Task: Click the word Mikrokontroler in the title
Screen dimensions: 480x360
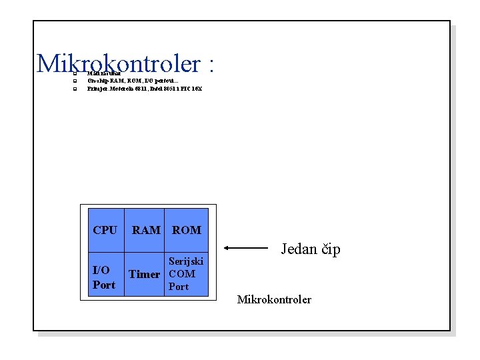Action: [x=118, y=64]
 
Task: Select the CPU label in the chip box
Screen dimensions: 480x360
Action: [x=105, y=230]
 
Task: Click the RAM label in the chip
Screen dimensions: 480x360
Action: [x=146, y=230]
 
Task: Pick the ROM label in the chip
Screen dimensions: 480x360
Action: [x=187, y=230]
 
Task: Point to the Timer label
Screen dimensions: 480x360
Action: [x=144, y=274]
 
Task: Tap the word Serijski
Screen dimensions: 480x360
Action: [x=186, y=261]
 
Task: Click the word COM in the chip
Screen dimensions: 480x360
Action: [x=182, y=274]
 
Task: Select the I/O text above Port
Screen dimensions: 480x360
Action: [x=101, y=270]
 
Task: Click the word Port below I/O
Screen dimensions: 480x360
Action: [x=104, y=285]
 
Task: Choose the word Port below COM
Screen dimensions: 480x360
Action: [x=179, y=287]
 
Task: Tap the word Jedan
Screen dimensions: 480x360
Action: [x=299, y=249]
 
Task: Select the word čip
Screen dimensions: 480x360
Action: [x=331, y=249]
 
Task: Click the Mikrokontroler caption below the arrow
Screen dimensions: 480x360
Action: [x=274, y=299]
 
